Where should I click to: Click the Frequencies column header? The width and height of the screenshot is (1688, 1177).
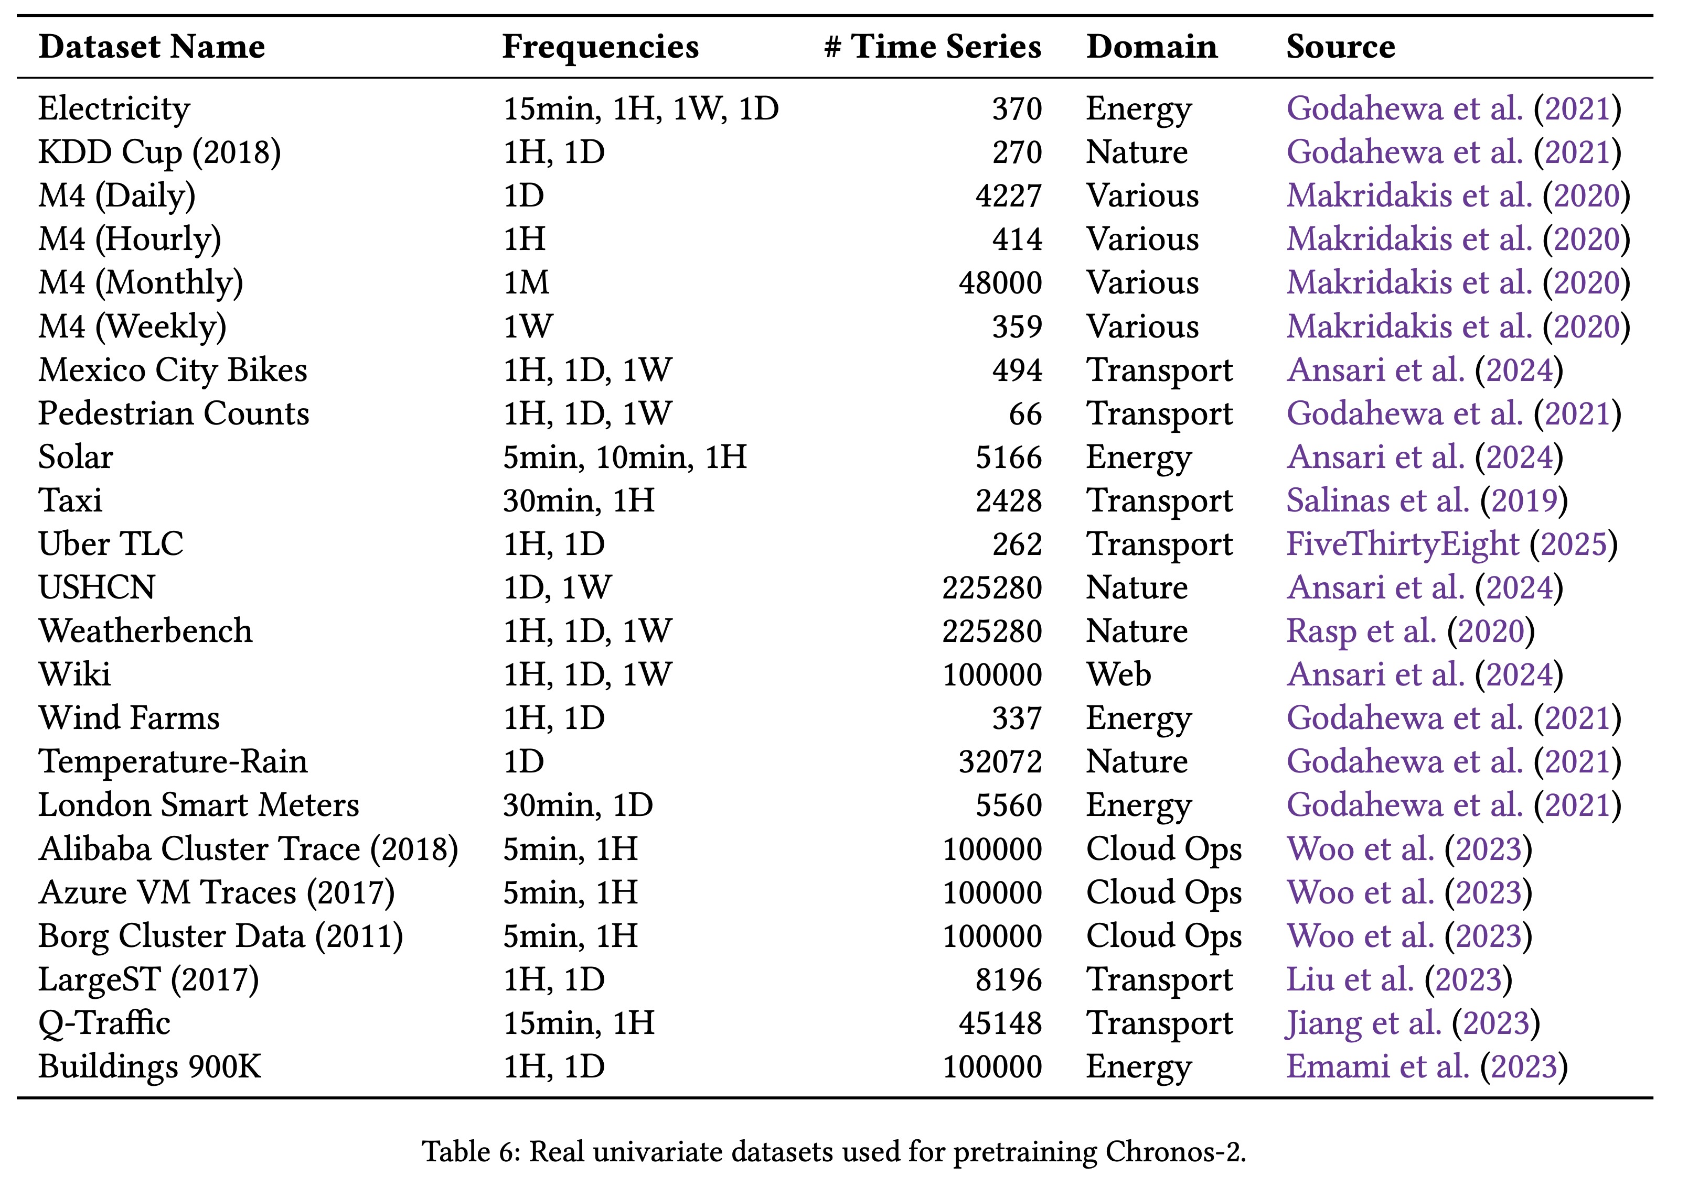pyautogui.click(x=600, y=47)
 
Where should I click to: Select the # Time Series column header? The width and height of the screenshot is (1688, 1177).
pyautogui.click(x=932, y=47)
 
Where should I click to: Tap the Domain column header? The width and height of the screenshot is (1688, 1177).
pyautogui.click(x=1151, y=47)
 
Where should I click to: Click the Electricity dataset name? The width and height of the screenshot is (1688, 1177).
pyautogui.click(x=114, y=108)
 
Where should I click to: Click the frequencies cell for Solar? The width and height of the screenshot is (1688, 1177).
pyautogui.click(x=624, y=457)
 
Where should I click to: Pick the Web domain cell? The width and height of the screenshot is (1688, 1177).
pyautogui.click(x=1118, y=674)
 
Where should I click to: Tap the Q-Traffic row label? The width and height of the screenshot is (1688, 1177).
pyautogui.click(x=104, y=1023)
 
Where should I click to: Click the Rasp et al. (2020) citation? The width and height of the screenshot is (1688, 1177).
pyautogui.click(x=1410, y=631)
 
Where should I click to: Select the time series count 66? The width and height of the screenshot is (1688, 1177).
pyautogui.click(x=1025, y=413)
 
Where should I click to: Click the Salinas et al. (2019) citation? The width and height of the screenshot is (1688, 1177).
pyautogui.click(x=1426, y=500)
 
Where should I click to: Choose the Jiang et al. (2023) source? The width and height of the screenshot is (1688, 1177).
pyautogui.click(x=1412, y=1023)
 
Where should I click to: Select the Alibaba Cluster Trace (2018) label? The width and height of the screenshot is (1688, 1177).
pyautogui.click(x=248, y=848)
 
